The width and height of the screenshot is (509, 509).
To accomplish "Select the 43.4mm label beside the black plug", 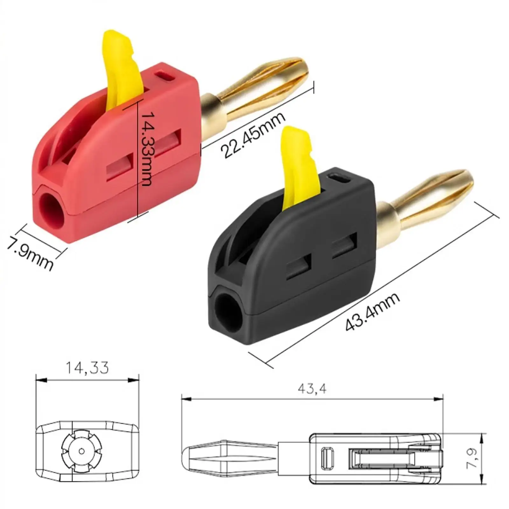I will (372, 312).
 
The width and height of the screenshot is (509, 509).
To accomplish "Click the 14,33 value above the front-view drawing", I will (87, 368).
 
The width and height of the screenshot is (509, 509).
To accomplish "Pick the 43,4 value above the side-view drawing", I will (312, 389).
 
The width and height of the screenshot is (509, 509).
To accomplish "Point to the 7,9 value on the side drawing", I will (472, 458).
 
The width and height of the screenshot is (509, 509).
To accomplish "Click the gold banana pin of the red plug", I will (261, 86).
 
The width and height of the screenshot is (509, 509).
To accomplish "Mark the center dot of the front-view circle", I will (81, 451).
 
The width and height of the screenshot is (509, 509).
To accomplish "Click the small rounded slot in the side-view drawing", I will (327, 458).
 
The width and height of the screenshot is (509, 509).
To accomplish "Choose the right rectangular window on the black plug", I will (345, 245).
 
